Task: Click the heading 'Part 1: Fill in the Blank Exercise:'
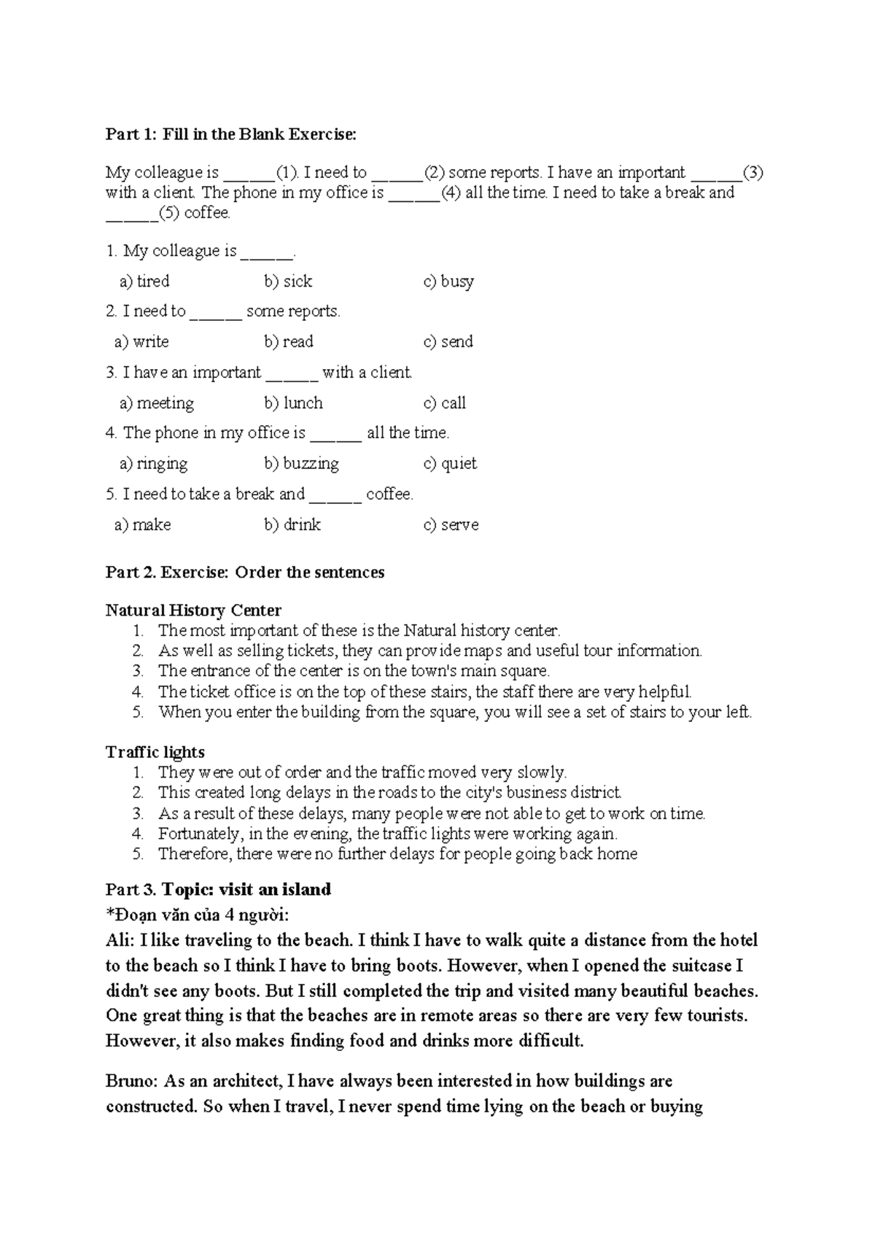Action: (231, 134)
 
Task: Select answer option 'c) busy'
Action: (448, 282)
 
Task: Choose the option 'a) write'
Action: (141, 342)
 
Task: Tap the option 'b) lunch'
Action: (293, 403)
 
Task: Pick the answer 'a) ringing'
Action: (153, 464)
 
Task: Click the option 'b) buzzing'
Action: (301, 464)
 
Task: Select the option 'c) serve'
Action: (451, 525)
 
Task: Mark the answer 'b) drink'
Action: (292, 525)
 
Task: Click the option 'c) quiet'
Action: (450, 464)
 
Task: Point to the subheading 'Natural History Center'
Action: (193, 610)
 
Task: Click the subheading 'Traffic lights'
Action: (155, 753)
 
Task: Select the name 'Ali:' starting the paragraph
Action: (120, 941)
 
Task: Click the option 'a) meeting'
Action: (157, 403)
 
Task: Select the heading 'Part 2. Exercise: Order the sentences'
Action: (245, 573)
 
